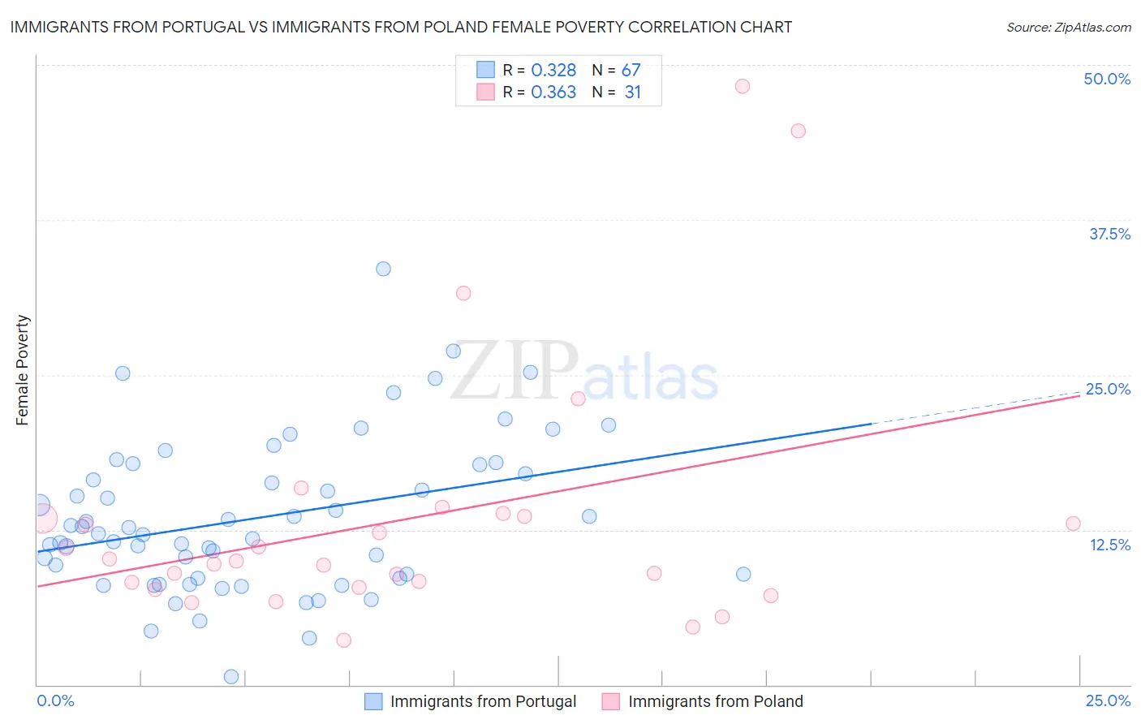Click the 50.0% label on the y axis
click(1107, 79)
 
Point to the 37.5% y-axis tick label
click(1109, 234)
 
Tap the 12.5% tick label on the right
click(1109, 545)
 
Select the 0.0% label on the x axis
click(55, 700)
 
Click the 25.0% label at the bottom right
click(1108, 700)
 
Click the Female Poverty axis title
click(23, 370)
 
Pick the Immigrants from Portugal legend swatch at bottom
click(373, 701)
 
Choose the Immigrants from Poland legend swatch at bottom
click(611, 701)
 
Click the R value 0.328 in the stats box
click(553, 71)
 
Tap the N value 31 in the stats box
click(633, 93)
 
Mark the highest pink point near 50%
click(742, 86)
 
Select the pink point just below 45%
click(798, 131)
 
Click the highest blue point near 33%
click(383, 269)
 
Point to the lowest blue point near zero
click(231, 677)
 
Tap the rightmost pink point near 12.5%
click(1073, 524)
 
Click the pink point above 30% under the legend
click(463, 293)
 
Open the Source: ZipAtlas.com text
click(1068, 27)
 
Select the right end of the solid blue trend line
click(871, 424)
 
